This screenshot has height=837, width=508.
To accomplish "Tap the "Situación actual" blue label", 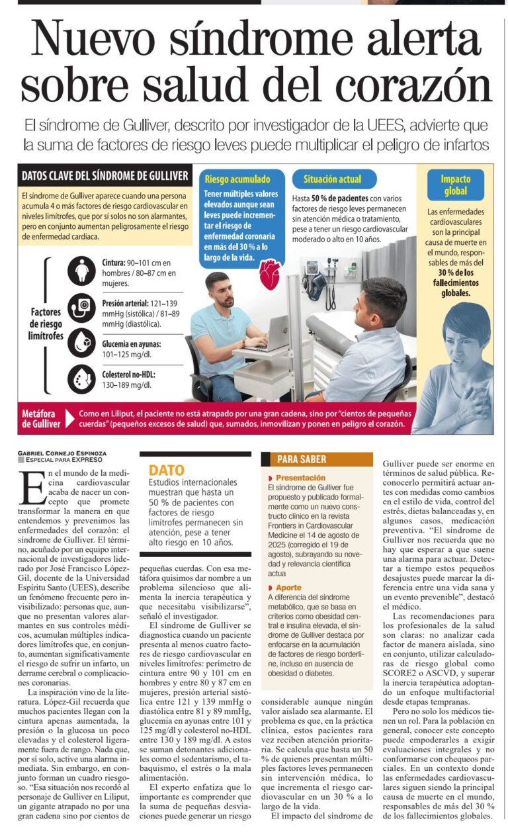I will click(x=332, y=179).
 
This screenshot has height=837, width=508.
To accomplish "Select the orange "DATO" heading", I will click(x=166, y=470).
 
